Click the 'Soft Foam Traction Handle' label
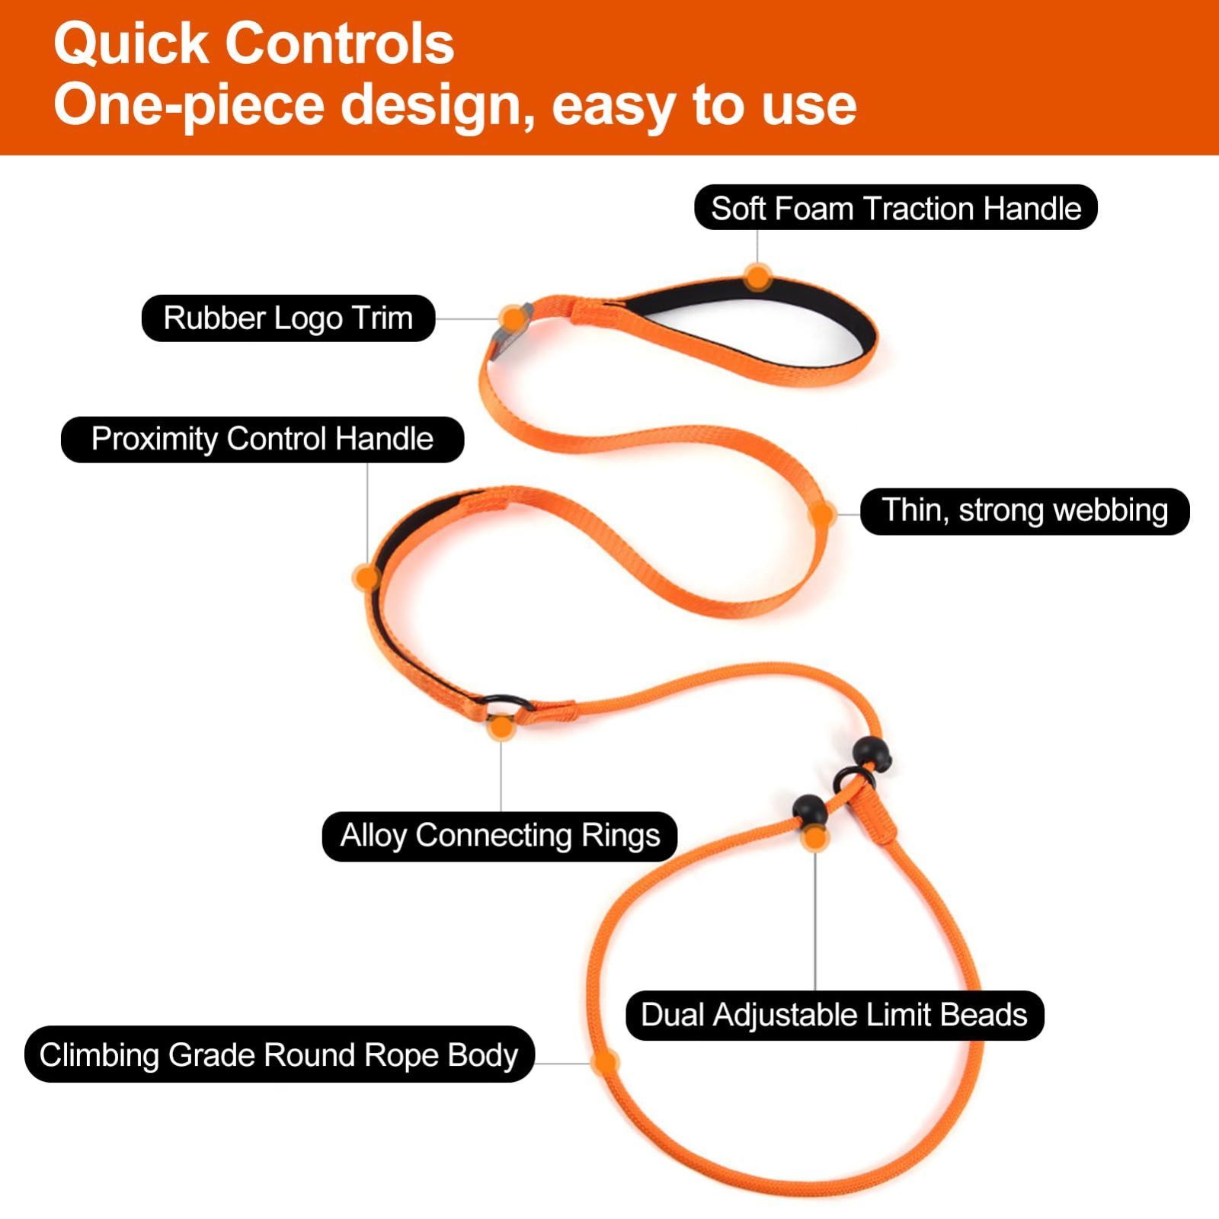point(896,208)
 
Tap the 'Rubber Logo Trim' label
point(288,318)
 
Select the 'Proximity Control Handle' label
point(262,439)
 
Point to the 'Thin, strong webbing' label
point(1025,510)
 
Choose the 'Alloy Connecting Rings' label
point(500,836)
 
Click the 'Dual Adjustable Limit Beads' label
point(834,1015)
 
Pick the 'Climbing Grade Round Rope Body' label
point(279,1054)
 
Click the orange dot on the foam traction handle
point(757,277)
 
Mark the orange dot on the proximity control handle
point(367,578)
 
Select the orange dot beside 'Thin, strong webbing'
point(822,514)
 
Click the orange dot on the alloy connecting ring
point(501,728)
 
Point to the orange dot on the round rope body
point(604,1063)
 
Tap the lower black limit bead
point(809,811)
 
